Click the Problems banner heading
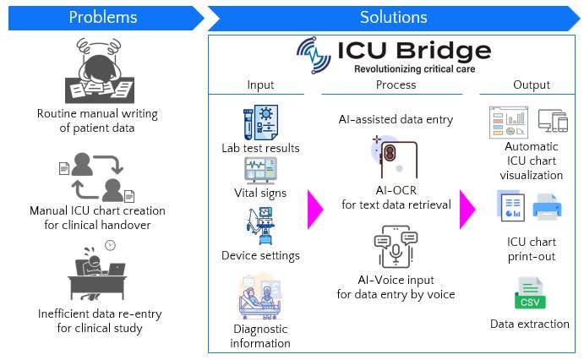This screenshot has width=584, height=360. click(x=102, y=17)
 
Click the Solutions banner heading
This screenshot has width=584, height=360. click(x=393, y=17)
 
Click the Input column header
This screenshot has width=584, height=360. click(x=260, y=85)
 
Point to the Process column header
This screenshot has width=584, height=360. click(x=396, y=85)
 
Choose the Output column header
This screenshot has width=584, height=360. click(x=531, y=85)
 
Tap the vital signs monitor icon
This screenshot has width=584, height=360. click(x=260, y=170)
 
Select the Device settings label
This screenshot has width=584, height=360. click(x=260, y=255)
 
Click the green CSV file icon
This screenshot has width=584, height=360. click(x=530, y=294)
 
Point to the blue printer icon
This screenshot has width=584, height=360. click(x=548, y=207)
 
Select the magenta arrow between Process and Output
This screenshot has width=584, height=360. click(x=467, y=210)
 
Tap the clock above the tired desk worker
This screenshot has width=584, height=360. click(x=110, y=246)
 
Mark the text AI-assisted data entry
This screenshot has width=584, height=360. click(x=396, y=119)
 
